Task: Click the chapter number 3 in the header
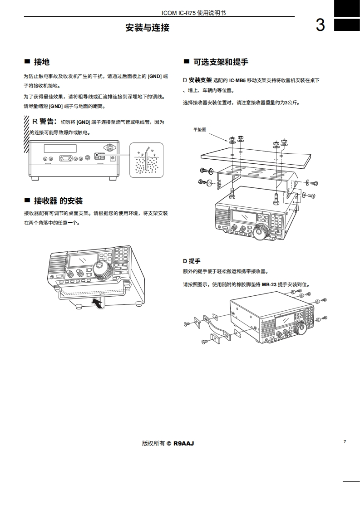click(x=320, y=25)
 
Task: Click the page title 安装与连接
click(x=147, y=28)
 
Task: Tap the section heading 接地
click(x=42, y=62)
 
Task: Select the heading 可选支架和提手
click(x=221, y=62)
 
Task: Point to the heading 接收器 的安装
click(x=58, y=201)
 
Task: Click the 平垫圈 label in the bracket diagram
click(x=200, y=129)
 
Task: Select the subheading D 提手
click(x=192, y=261)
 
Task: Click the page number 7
click(x=345, y=441)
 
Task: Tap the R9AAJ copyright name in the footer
click(x=183, y=443)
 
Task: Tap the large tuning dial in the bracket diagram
click(x=261, y=233)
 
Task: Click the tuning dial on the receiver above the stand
click(x=103, y=270)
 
